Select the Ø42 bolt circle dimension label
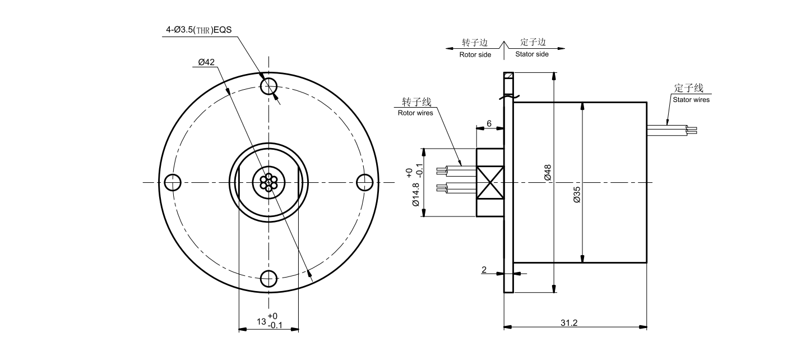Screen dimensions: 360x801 (206, 63)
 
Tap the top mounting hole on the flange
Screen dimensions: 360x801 (269, 86)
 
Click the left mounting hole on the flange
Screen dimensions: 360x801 (173, 182)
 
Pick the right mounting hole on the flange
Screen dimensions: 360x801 (365, 182)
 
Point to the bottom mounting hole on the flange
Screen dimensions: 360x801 (269, 278)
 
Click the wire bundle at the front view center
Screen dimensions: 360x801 (269, 182)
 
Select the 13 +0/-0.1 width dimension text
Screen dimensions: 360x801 (270, 321)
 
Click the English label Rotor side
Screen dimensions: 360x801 (475, 55)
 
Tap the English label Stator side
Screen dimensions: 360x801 (532, 55)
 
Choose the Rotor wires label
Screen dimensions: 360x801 (415, 113)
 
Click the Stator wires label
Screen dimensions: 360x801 (691, 100)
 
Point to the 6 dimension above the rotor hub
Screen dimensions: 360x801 (489, 123)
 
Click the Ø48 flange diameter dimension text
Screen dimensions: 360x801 (548, 172)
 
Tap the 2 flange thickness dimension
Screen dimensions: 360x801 (484, 270)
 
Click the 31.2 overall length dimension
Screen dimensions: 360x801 (569, 323)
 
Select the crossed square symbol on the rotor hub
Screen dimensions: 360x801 (490, 182)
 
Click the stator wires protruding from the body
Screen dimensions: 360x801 (672, 130)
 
